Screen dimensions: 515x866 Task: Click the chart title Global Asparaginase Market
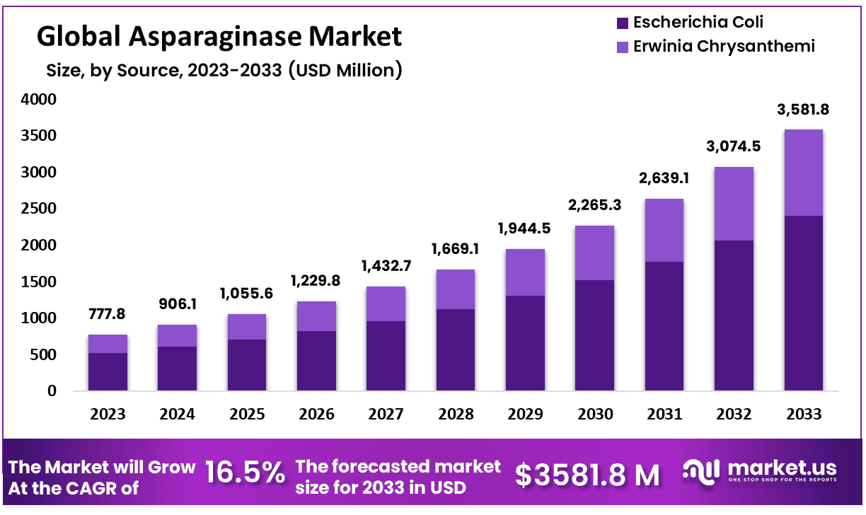tap(219, 35)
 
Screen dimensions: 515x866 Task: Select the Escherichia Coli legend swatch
tap(623, 23)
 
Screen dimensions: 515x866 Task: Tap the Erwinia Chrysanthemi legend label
tap(724, 47)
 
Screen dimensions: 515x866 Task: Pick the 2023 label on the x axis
tap(108, 415)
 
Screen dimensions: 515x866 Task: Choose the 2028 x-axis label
tap(456, 415)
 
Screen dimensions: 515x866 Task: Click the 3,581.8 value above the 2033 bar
tap(803, 110)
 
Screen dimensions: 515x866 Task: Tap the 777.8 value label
tap(108, 313)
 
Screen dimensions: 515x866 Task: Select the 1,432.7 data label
tap(386, 265)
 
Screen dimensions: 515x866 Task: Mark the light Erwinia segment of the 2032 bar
tap(734, 204)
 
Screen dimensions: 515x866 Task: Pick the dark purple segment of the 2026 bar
tap(316, 360)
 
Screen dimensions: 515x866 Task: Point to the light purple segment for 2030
tap(594, 253)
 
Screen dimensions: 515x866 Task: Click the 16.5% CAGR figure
tap(245, 473)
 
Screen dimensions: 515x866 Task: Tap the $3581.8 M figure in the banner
tap(587, 475)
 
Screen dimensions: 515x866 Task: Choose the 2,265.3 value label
tap(594, 205)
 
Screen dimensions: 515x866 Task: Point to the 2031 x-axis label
tap(664, 415)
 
